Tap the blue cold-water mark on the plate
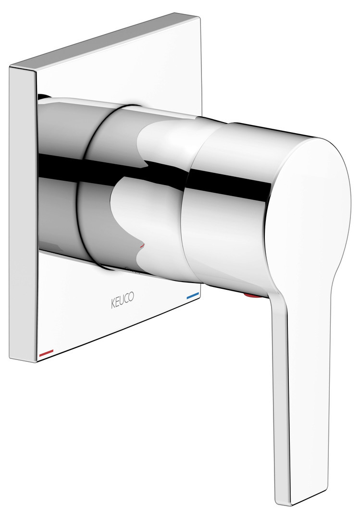coord(193,296)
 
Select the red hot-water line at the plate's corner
coord(46,353)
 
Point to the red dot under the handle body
coord(252,295)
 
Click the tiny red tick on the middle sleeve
coord(143,246)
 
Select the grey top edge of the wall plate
coord(99,39)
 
